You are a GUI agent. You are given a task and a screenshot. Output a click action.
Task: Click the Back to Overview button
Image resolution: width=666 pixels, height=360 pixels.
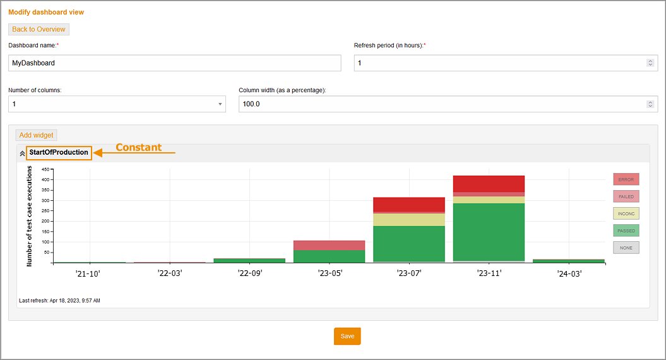tap(39, 29)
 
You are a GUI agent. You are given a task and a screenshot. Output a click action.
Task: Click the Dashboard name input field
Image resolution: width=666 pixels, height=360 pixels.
tap(174, 63)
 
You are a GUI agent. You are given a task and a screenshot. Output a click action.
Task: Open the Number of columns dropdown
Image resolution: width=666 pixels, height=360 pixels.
tap(117, 104)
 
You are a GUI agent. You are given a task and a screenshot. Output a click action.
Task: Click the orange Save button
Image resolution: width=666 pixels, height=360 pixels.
tap(347, 336)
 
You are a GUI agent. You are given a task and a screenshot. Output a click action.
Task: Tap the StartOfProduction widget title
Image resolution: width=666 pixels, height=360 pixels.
tap(58, 153)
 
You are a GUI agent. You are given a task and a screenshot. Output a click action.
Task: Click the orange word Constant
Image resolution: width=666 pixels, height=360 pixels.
tap(138, 148)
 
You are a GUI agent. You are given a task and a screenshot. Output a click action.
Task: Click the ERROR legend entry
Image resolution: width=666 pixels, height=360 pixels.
tap(626, 179)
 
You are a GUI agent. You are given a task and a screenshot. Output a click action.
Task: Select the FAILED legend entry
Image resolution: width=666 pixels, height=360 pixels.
tap(626, 196)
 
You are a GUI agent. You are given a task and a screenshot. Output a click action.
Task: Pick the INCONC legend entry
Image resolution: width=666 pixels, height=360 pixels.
tap(626, 213)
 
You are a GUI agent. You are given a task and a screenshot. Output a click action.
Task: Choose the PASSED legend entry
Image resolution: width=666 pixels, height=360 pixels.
tap(626, 231)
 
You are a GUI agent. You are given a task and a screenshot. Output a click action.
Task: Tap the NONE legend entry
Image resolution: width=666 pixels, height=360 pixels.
tap(626, 248)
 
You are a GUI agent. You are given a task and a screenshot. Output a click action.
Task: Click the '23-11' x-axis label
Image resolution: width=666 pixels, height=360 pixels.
tap(489, 275)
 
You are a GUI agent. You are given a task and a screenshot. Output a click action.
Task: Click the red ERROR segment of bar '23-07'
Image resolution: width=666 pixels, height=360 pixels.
tap(409, 204)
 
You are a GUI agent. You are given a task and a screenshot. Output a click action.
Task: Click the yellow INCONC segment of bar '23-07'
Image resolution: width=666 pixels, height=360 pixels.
tap(409, 219)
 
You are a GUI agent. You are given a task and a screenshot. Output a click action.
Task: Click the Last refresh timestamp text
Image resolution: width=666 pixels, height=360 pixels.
tap(59, 301)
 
